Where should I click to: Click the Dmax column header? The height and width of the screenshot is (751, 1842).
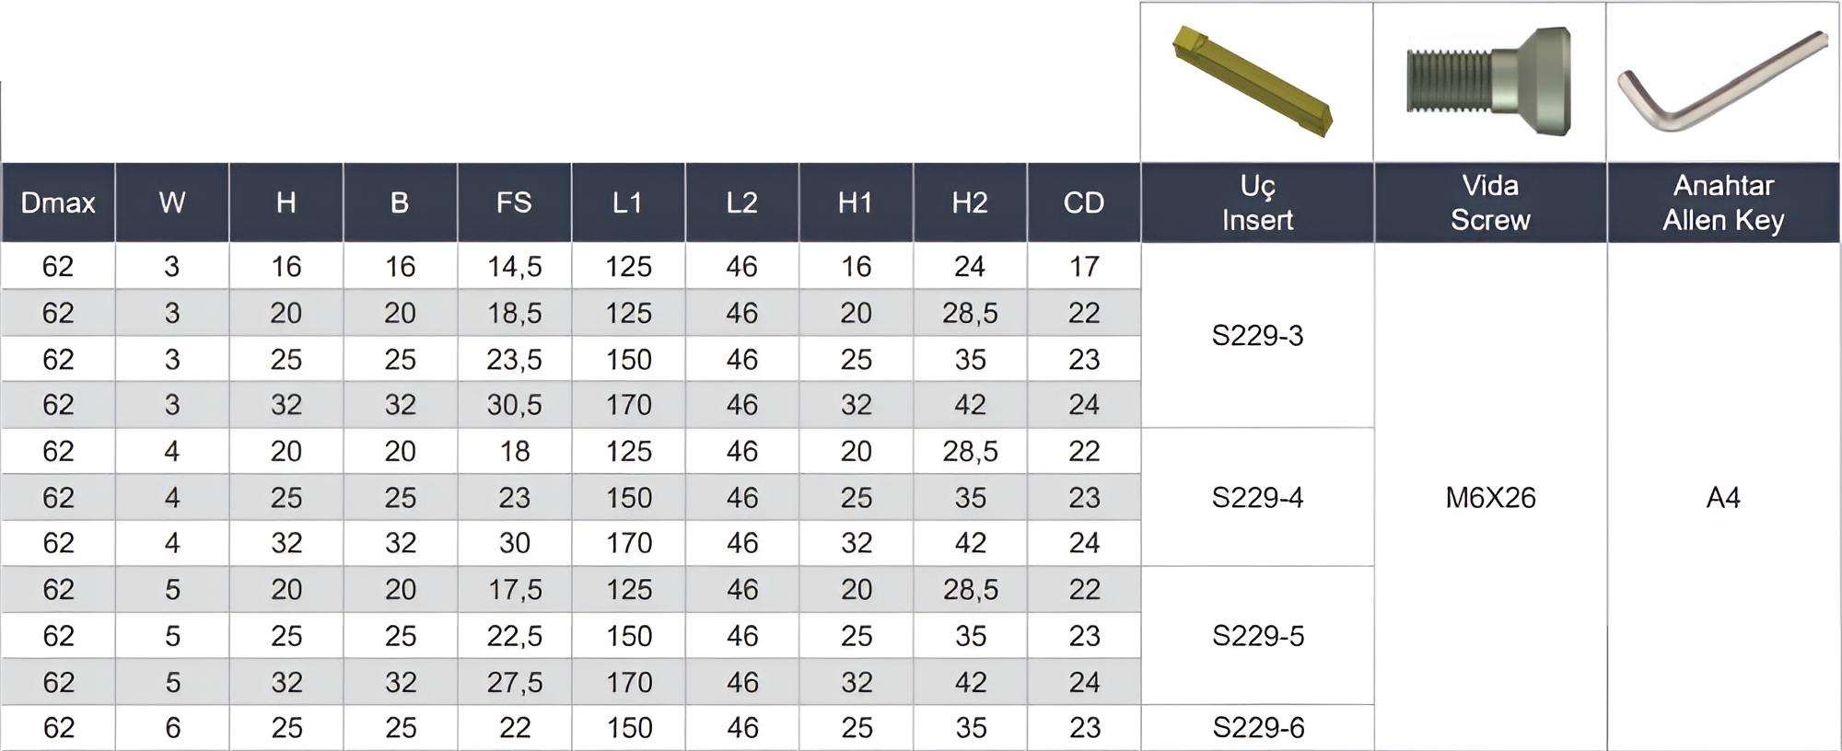[58, 202]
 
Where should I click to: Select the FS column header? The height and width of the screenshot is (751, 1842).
[514, 202]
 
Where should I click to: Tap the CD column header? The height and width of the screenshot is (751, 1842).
[1084, 202]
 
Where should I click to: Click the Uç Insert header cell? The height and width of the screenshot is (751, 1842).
[1257, 202]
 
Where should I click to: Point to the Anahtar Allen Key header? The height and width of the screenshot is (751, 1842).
[1723, 202]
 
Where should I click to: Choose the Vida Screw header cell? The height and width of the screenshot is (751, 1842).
[1490, 202]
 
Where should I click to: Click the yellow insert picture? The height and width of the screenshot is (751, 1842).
[1253, 80]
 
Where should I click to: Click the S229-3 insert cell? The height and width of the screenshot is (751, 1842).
[1257, 336]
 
